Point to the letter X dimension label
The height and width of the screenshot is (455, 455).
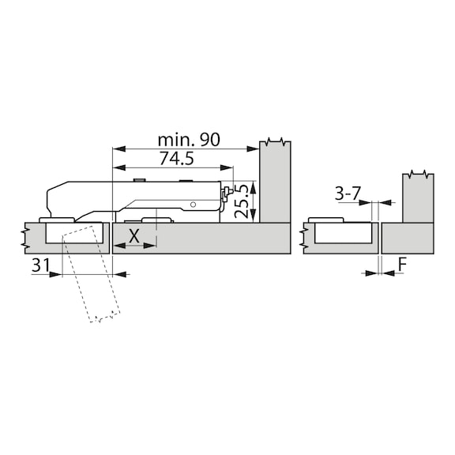click(133, 235)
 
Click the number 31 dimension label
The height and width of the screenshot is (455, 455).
click(41, 266)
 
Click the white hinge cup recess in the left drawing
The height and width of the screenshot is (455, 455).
click(75, 233)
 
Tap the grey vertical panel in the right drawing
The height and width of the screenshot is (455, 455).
click(418, 197)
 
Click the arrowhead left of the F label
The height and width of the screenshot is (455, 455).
click(374, 273)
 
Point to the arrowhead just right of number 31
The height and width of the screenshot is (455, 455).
click(57, 274)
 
